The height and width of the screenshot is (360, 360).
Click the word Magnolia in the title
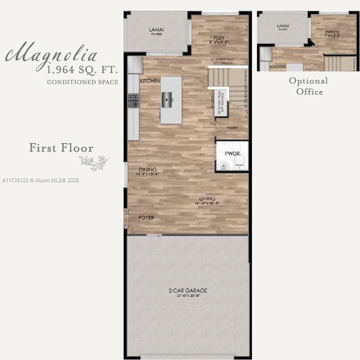pos(52,55)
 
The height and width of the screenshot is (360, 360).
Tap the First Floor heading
pos(61,148)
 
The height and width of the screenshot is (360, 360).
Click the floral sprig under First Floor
pos(94,163)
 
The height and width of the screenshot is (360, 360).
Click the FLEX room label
pos(219,38)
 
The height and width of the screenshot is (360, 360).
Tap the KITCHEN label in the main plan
pos(150,81)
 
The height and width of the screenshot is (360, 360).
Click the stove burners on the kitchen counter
pos(133,101)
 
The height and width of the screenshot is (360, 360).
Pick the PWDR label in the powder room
pos(232,152)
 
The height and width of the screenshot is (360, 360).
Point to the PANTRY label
pos(232,128)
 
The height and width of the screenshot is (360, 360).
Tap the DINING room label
pos(148,169)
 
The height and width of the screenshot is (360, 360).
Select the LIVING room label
pos(208,199)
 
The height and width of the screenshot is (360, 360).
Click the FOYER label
pos(146,218)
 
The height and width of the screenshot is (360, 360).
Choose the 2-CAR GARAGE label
pos(188,290)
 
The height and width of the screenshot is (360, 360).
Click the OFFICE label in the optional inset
pos(332,33)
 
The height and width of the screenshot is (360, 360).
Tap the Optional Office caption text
pos(309,86)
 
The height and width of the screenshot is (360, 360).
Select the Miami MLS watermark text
pos(40,181)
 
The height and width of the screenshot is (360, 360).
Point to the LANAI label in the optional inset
pos(283,26)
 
